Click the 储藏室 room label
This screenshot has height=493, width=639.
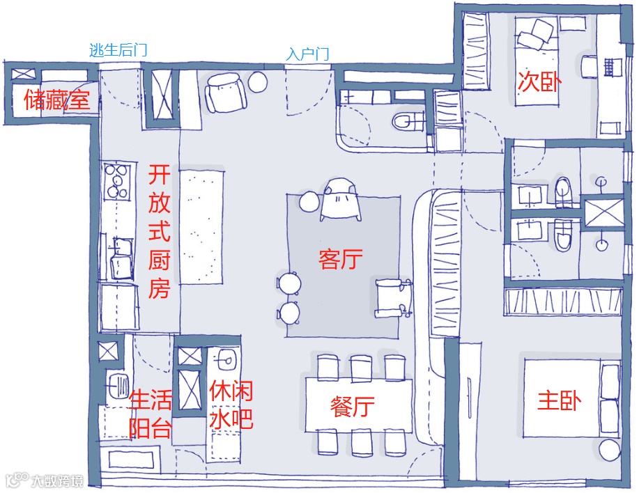click(57, 101)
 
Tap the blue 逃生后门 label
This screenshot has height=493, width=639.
click(118, 50)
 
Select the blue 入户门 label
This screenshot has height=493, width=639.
click(307, 54)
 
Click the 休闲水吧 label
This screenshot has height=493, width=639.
click(231, 405)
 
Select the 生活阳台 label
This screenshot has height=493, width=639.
click(151, 414)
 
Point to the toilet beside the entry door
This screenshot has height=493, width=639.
click(408, 121)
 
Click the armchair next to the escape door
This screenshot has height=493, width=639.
click(226, 93)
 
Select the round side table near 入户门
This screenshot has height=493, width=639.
click(259, 81)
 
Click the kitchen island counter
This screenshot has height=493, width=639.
click(202, 226)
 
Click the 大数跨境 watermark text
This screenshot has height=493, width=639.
click(56, 480)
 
